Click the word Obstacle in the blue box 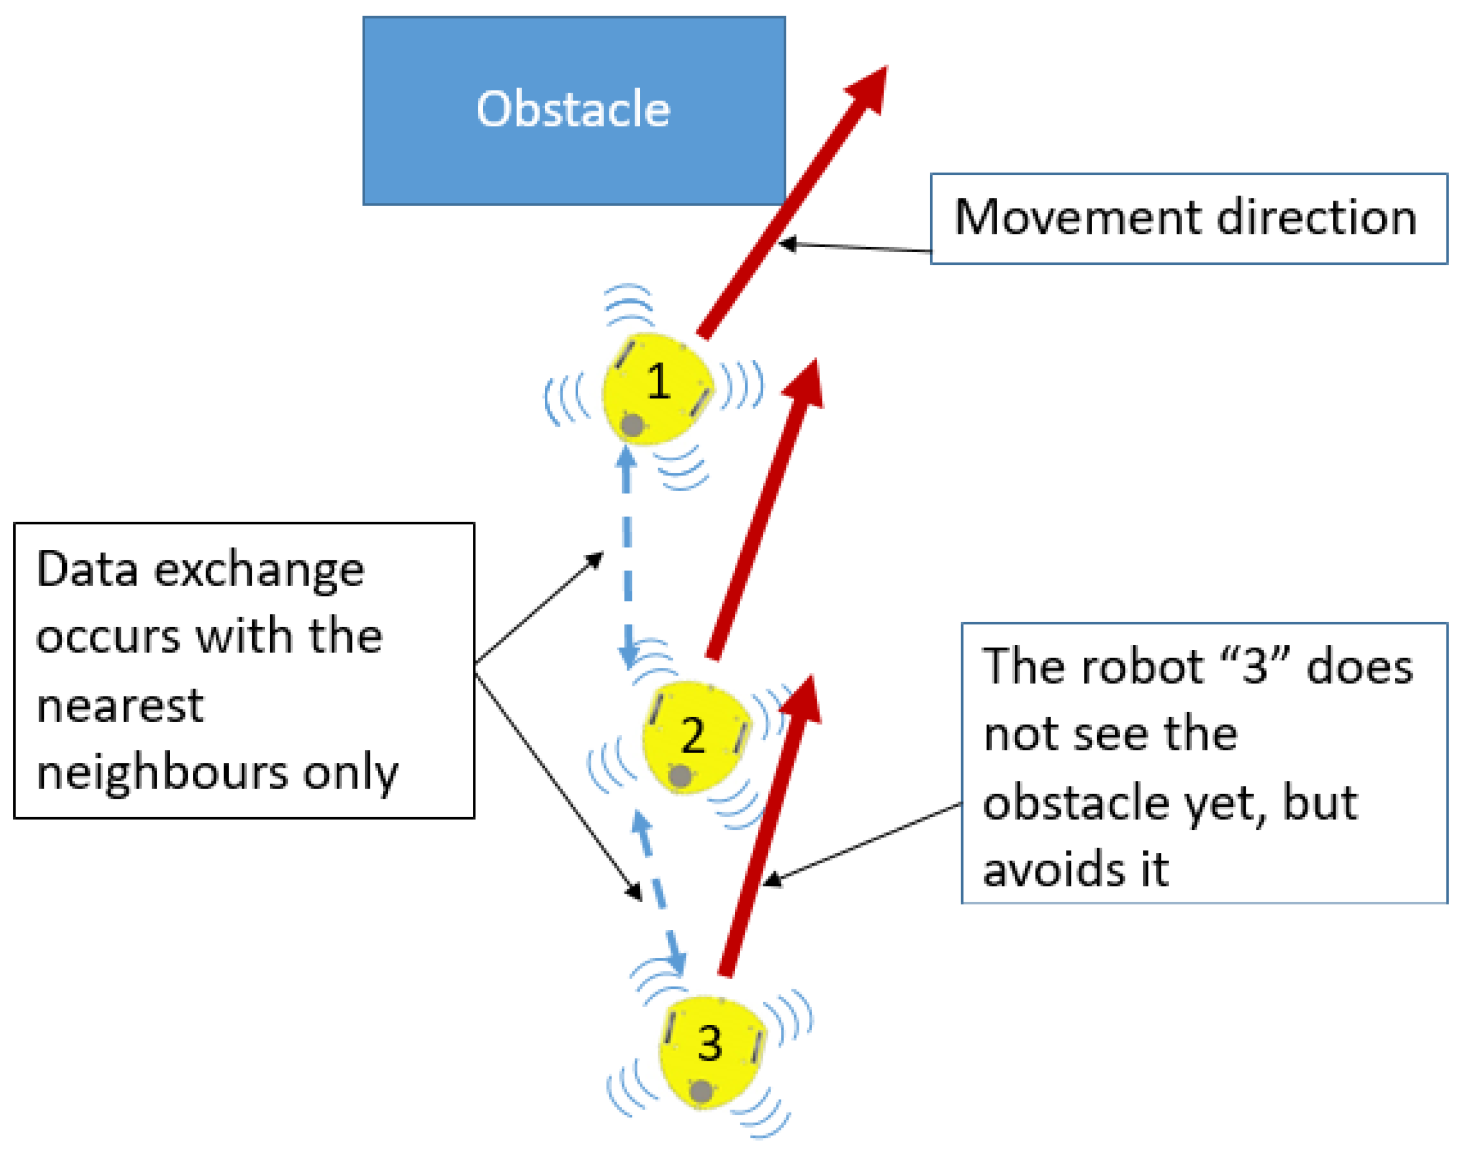[x=573, y=109]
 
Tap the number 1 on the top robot [x=658, y=382]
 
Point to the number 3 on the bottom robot [x=710, y=1044]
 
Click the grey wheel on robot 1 [x=632, y=425]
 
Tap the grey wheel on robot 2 [x=680, y=776]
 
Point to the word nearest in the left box [x=120, y=705]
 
